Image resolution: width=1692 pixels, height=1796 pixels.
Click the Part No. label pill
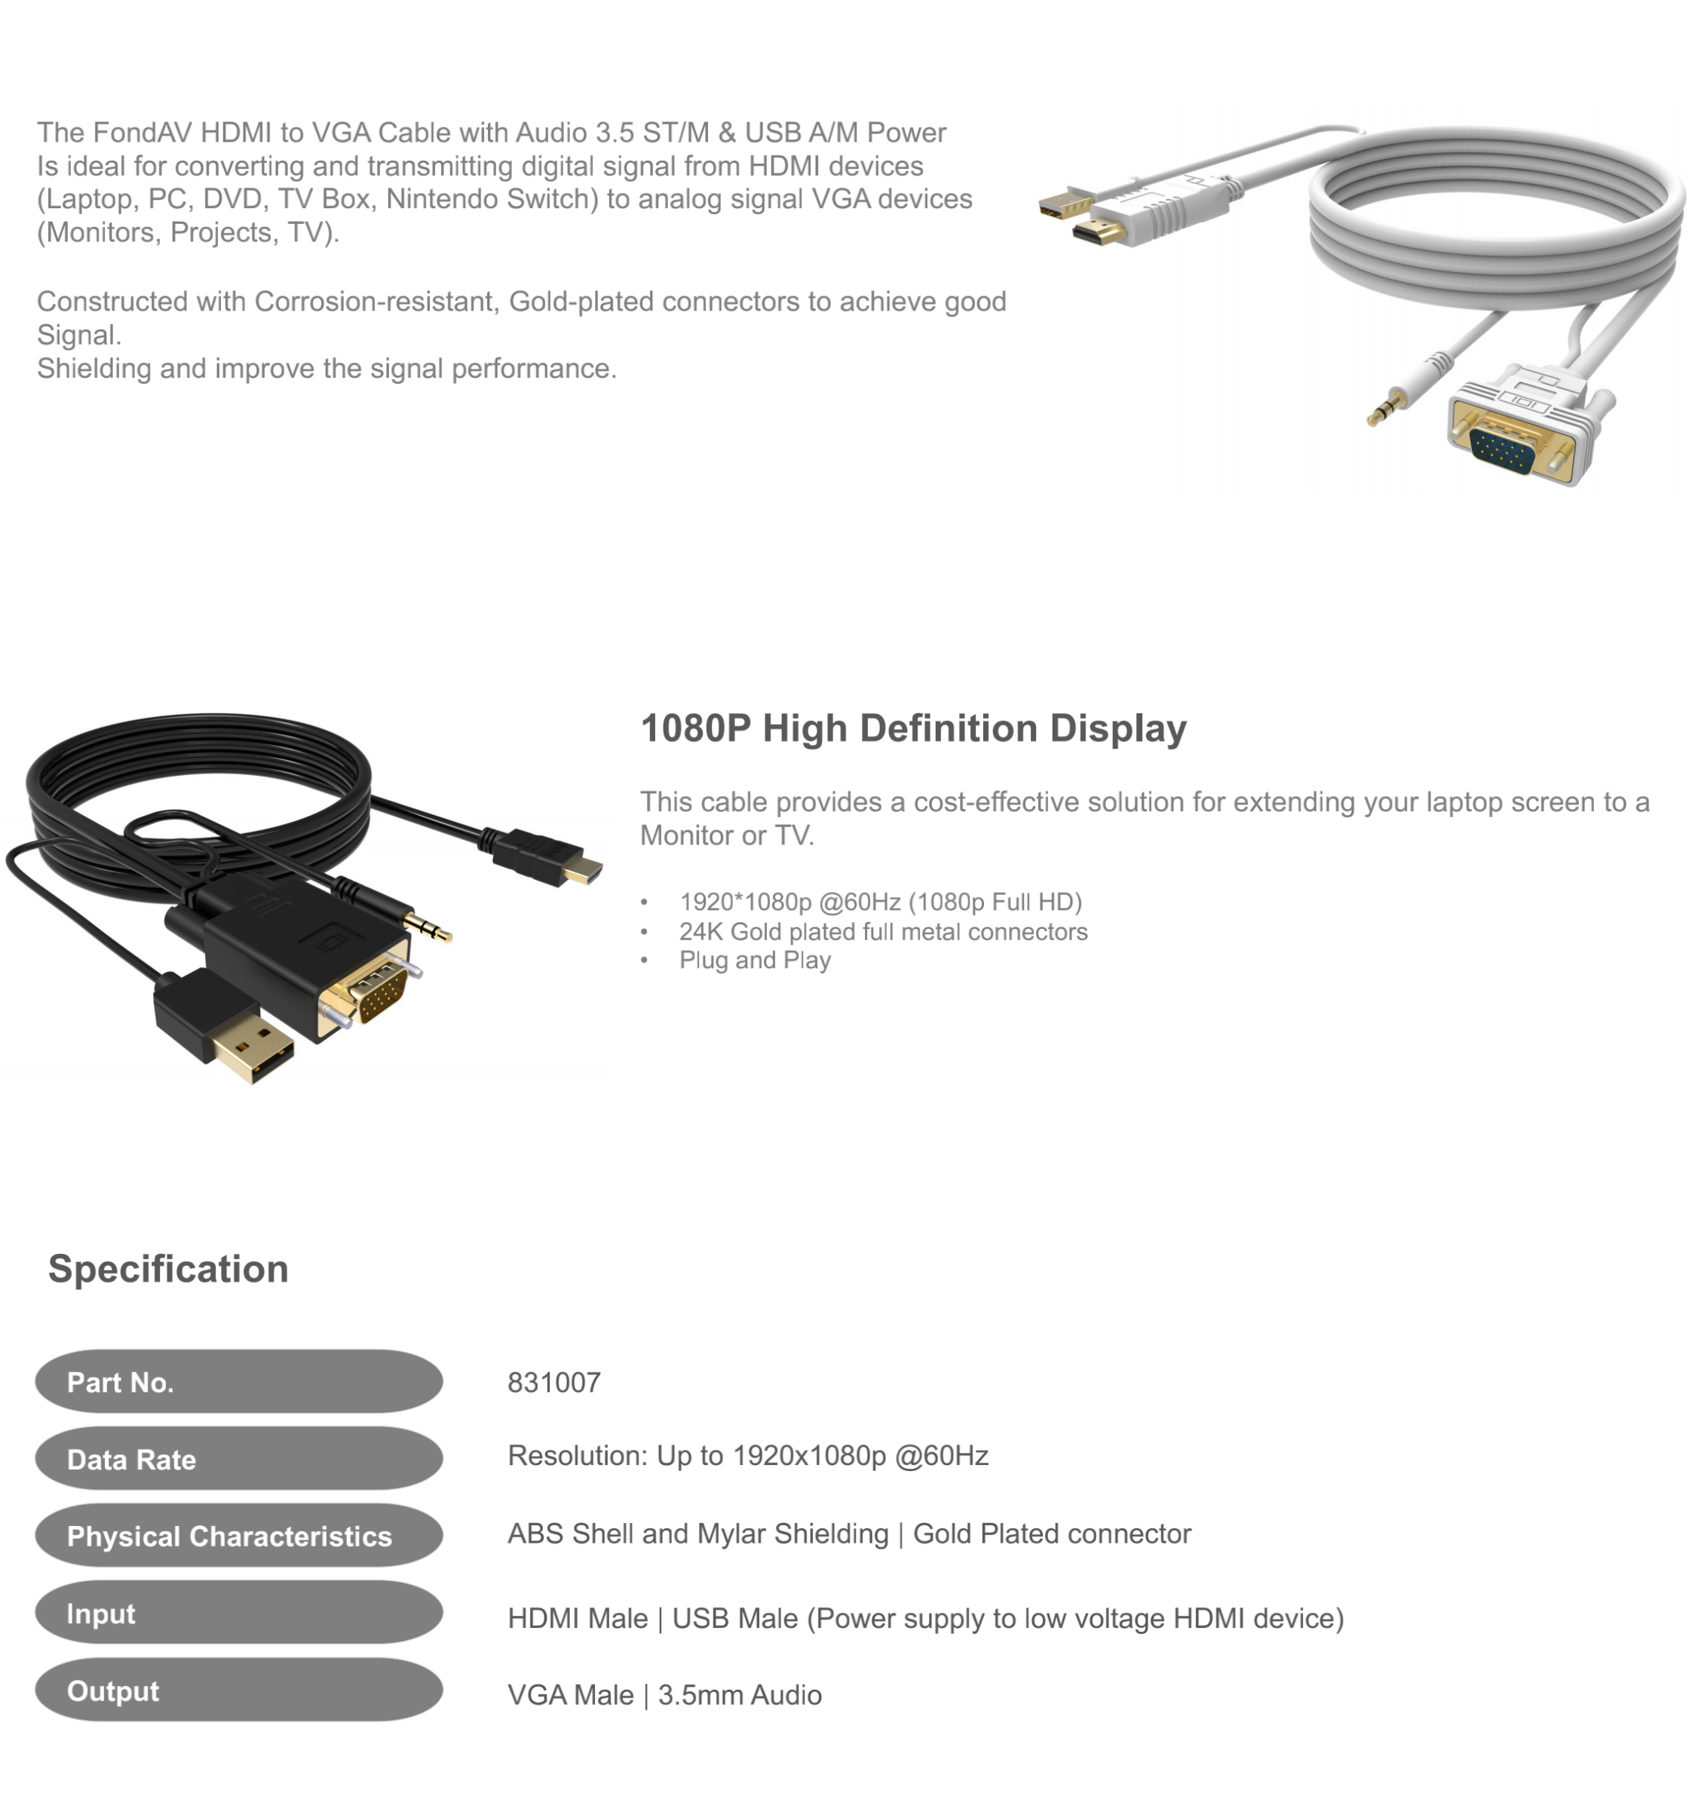coord(238,1381)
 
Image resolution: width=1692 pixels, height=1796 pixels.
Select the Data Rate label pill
coord(238,1458)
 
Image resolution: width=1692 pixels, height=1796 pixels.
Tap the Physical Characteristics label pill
coord(238,1535)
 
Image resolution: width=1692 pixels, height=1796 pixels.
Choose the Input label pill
coord(238,1613)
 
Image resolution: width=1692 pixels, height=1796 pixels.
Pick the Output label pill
coord(238,1690)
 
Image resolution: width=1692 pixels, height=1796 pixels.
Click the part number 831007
coord(553,1382)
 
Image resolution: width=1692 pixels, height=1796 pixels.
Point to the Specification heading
coord(168,1269)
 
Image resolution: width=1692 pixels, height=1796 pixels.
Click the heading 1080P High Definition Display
coord(913,728)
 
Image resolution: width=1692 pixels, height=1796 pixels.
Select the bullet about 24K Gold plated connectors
coord(883,931)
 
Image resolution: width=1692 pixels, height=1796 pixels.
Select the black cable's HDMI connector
coord(547,858)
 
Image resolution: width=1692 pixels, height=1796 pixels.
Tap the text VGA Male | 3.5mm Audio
coord(665,1695)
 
